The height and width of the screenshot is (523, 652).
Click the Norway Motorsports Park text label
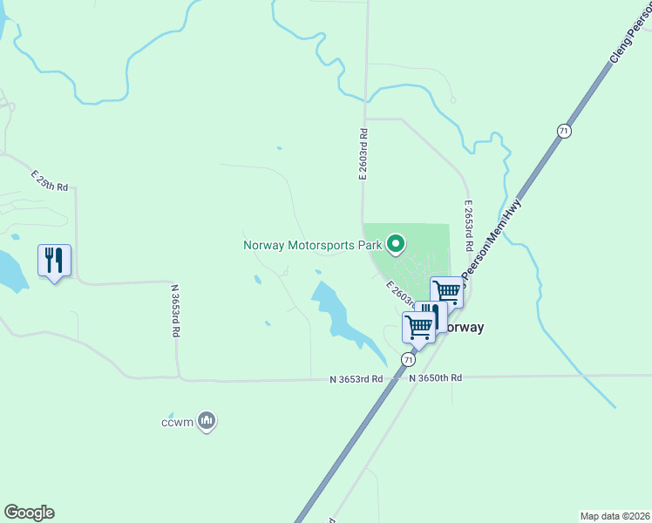[x=312, y=246]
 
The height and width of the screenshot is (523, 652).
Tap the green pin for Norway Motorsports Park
[x=396, y=244]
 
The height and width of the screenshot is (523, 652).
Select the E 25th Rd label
[x=49, y=180]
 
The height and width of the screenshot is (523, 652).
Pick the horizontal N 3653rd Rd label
[x=357, y=379]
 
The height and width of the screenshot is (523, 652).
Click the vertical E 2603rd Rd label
[x=363, y=154]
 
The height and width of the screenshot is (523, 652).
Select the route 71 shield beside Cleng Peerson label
[x=564, y=131]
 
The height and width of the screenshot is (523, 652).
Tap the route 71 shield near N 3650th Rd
[x=408, y=359]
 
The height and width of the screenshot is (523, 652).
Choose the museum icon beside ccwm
[x=207, y=422]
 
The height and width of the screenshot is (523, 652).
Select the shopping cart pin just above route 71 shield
[x=418, y=328]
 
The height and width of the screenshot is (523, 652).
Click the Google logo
[x=29, y=513]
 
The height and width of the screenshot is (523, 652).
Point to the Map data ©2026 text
[x=614, y=516]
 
